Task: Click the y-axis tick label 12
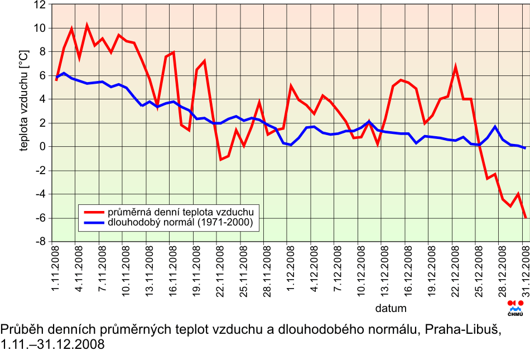click(40, 4)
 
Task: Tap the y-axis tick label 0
click(42, 147)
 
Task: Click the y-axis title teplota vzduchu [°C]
click(25, 100)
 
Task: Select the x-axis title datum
click(391, 308)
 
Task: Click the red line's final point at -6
click(525, 217)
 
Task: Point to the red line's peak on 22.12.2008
click(455, 67)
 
